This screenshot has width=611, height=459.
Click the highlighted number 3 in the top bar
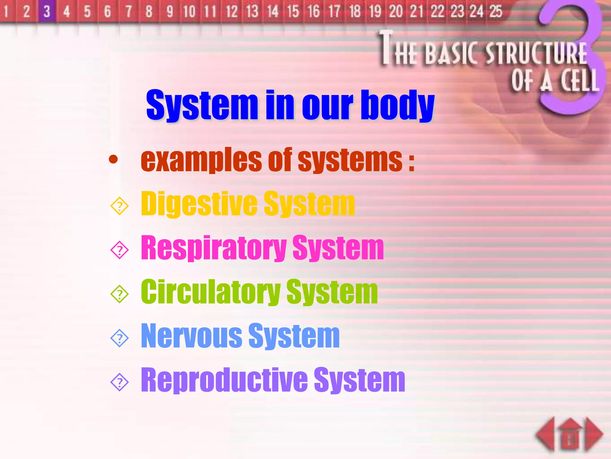tap(47, 11)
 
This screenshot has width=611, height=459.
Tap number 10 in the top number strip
tap(189, 11)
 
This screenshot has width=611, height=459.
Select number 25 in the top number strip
tap(496, 11)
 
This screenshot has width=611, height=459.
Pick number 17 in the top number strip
tap(334, 11)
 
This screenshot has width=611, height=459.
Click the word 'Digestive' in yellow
tap(199, 204)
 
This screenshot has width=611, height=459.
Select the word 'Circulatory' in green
tap(210, 292)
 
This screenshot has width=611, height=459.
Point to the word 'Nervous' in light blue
tap(191, 336)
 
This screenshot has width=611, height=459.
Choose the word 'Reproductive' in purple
tap(224, 380)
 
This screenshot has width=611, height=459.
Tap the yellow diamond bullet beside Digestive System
tap(119, 206)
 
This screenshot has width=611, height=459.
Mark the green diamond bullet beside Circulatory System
tap(119, 294)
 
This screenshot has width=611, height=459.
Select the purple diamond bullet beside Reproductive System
tap(119, 382)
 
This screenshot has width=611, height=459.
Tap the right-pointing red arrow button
tap(594, 434)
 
